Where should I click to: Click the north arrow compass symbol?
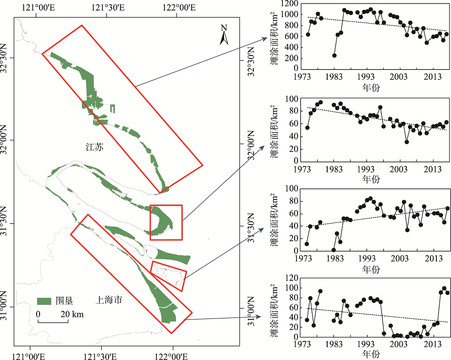click(x=224, y=35)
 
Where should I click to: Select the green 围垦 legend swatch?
click(x=45, y=300)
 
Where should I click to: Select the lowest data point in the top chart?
click(x=334, y=55)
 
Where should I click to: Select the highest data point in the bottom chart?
click(x=444, y=289)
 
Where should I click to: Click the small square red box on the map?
click(x=166, y=222)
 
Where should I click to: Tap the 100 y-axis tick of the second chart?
click(x=291, y=99)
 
